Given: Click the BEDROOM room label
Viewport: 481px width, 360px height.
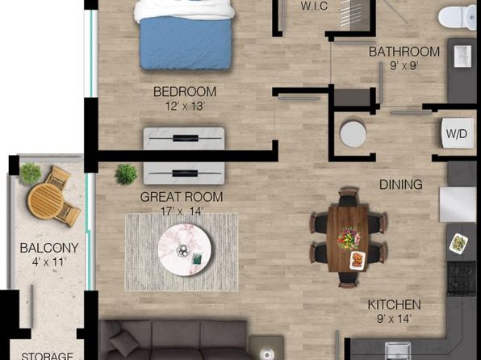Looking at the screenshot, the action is (x=185, y=92).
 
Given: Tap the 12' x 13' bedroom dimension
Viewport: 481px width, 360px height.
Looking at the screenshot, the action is (x=185, y=107).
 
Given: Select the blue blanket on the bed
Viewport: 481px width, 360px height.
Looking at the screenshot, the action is (x=186, y=43).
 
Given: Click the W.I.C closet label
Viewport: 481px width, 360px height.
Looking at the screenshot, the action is (x=314, y=6).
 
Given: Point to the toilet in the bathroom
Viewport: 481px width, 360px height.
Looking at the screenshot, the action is (x=458, y=17).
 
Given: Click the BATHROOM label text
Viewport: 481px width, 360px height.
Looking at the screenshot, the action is (x=404, y=52).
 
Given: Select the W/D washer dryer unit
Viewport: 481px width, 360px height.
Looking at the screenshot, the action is (x=458, y=133).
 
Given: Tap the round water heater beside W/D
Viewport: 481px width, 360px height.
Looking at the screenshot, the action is (x=353, y=134).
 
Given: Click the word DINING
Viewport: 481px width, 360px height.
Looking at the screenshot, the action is (x=401, y=185).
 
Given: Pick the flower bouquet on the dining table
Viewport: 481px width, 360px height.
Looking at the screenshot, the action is (x=349, y=238).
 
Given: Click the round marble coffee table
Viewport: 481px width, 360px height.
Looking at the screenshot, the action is (x=185, y=250).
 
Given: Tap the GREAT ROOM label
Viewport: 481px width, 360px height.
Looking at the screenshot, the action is (x=182, y=197).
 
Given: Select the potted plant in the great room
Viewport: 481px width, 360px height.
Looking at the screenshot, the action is (x=126, y=174).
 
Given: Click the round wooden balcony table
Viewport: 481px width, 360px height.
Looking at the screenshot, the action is (x=46, y=201).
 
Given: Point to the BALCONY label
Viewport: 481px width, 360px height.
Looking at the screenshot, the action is (x=49, y=248).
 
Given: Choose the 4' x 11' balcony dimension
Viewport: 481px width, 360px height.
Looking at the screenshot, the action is (x=49, y=262).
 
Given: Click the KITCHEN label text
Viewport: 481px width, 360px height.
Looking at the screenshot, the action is (x=394, y=305).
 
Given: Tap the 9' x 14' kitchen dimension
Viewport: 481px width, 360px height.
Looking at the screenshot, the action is (x=394, y=319).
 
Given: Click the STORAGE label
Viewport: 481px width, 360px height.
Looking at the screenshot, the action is (x=47, y=356).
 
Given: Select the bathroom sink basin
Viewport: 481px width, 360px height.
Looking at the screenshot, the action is (x=462, y=57).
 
